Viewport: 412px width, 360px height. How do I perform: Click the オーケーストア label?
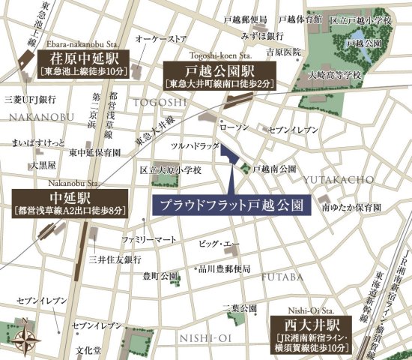coord(159,37)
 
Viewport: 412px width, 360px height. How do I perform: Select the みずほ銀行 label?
coord(261,35)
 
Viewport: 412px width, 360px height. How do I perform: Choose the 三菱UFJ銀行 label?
coord(28,98)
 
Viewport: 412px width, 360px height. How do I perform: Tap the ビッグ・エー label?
coord(218,244)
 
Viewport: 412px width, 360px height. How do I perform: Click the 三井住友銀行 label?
coord(114,259)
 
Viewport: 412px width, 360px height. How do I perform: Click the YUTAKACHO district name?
coord(333,180)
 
